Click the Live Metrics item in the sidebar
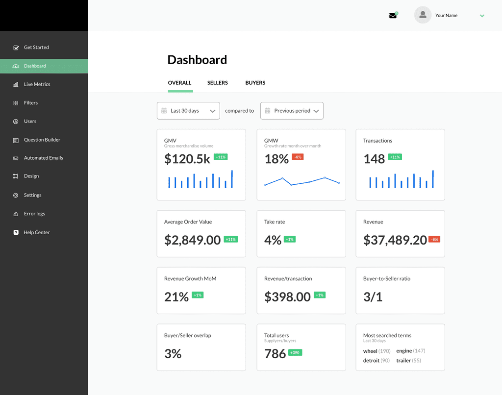coord(37,84)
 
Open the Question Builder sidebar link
coord(42,140)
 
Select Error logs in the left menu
coord(34,214)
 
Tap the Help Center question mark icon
coord(16,232)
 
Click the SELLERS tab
coord(217,83)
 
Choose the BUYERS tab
coord(255,83)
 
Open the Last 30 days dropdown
coord(188,111)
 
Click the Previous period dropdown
coord(292,111)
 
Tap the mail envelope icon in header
coord(393,16)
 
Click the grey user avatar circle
coord(423,15)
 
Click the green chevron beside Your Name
coord(482,16)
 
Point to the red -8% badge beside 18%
coord(298,157)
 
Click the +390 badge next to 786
coord(295,352)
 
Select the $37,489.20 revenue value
coord(395,240)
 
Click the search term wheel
coord(370,351)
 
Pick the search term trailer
coord(403,360)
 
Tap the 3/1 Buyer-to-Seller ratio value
coord(373,297)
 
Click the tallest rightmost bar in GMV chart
coord(232,179)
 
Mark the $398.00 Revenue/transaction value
coord(287,297)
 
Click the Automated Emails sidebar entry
coord(44,158)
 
